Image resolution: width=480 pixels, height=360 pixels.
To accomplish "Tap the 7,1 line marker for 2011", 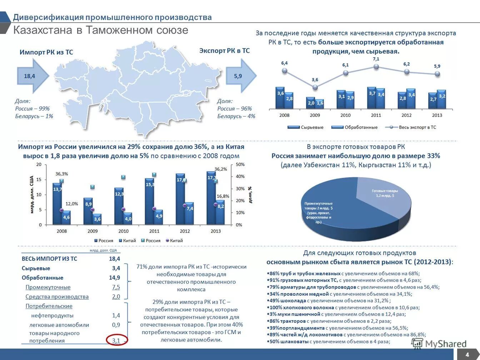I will tap(376, 67).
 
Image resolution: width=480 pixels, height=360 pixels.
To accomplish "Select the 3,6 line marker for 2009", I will tap(315, 87).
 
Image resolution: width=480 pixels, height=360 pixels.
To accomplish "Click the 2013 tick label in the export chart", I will tap(437, 115).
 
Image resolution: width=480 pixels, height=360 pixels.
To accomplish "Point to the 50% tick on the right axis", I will tap(240, 164).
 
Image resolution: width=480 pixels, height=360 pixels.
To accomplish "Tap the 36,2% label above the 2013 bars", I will tap(220, 169).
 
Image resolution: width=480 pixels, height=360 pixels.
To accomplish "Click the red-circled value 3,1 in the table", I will tap(116, 340).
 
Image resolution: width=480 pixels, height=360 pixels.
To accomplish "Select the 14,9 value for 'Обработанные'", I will tap(114, 277).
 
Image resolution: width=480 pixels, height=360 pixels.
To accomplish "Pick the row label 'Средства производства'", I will tap(57, 297).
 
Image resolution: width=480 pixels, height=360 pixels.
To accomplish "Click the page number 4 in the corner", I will tap(467, 355).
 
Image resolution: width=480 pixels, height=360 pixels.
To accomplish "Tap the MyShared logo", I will tap(439, 344).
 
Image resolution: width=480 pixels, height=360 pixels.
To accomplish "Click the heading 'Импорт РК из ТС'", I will tap(46, 52).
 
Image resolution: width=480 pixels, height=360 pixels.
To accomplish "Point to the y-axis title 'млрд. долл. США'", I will tap(32, 195).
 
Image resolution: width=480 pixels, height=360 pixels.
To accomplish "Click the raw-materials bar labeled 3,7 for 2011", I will tap(372, 98).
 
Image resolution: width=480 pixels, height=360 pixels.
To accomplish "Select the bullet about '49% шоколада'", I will tap(329, 301).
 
